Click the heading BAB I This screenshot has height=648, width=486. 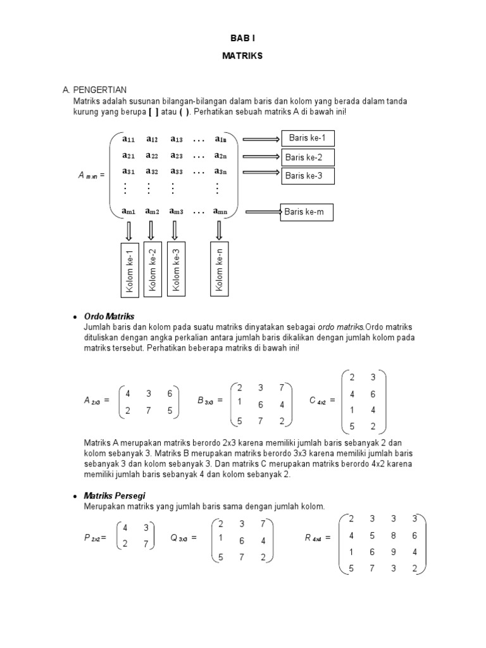point(242,38)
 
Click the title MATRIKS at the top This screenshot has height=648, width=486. point(242,56)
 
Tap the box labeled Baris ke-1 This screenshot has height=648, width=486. point(306,139)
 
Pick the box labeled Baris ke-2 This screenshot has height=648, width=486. point(306,158)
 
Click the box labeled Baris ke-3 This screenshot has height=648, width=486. point(306,176)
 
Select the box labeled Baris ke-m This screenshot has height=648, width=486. point(306,213)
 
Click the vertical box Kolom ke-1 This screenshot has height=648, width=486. point(130,270)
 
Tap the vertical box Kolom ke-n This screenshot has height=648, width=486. point(220,270)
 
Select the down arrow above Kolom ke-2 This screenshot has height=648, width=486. point(152,228)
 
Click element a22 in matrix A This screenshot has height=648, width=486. point(152,156)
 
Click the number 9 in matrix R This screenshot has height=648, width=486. point(393,551)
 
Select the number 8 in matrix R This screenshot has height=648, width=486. point(393,535)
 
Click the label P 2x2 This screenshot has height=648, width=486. point(94,538)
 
